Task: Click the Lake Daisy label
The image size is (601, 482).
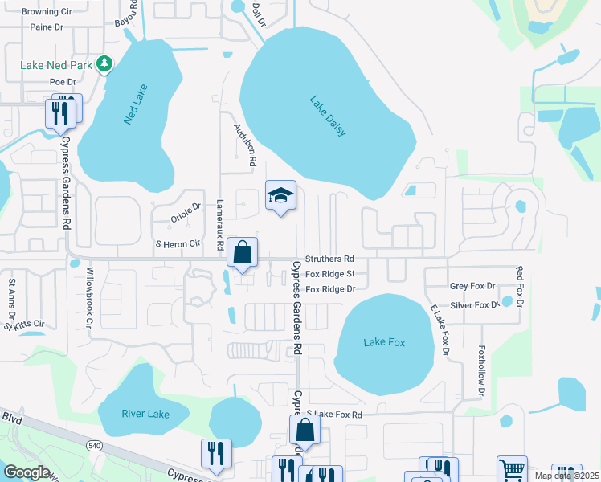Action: [328, 116]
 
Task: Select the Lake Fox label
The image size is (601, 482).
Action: [384, 342]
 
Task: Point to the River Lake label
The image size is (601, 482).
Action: [145, 414]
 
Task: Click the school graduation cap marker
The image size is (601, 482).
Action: [280, 195]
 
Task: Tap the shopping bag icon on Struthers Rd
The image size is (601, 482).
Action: [242, 253]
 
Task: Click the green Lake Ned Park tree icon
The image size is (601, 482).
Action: [104, 63]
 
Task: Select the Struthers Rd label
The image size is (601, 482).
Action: [330, 259]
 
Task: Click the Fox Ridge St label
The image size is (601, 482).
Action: [330, 274]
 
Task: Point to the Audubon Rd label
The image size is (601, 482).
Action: [244, 145]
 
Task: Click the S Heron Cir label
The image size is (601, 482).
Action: [177, 243]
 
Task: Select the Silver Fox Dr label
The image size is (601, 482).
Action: [474, 305]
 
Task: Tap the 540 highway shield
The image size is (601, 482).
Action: [93, 444]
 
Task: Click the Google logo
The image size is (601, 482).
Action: [27, 472]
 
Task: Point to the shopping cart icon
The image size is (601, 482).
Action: [512, 469]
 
